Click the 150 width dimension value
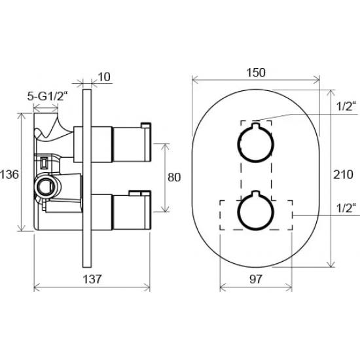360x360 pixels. pos(256,73)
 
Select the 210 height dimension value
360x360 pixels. pos(343,175)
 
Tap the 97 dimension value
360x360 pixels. pos(255,279)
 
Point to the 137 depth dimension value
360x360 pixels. pos(92,279)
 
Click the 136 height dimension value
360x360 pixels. pos(9,175)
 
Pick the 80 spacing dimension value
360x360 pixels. pos(174,177)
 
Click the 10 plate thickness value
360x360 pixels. pos(104,77)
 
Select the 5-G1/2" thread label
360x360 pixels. pos(48,96)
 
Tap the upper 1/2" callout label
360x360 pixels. pos(344,106)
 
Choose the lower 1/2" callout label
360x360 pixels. pos(344,208)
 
